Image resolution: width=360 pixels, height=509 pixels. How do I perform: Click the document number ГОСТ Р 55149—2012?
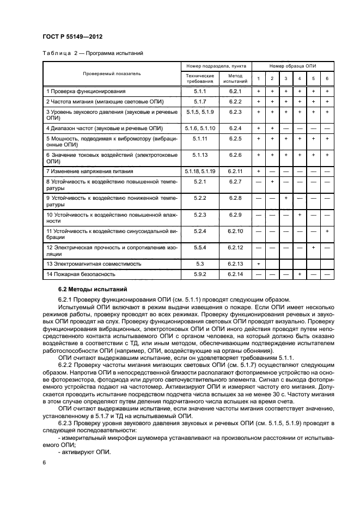tap(73, 36)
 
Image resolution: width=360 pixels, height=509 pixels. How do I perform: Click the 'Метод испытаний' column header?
tap(235, 78)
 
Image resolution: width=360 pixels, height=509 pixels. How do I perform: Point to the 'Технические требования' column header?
tap(200, 78)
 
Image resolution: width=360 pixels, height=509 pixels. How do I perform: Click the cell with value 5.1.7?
tap(200, 101)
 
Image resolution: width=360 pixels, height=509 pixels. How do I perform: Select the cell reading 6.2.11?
tap(235, 171)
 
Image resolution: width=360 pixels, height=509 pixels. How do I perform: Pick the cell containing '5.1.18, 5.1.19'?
tap(200, 171)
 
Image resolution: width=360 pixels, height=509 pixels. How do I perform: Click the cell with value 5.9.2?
tap(200, 274)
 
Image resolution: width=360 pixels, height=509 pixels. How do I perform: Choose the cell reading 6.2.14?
tap(235, 274)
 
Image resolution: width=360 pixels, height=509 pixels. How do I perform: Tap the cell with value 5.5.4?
tap(200, 250)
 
